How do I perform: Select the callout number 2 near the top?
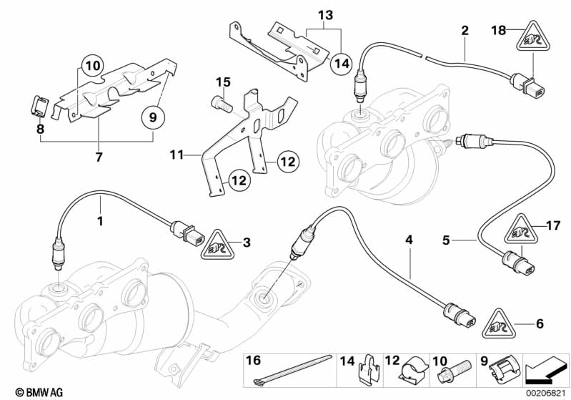tap(465, 31)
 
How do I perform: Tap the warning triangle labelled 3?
tap(212, 244)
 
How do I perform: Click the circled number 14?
tap(342, 64)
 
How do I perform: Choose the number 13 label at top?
tap(325, 15)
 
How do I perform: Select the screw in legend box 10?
tap(455, 374)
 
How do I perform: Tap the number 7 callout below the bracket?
tap(100, 156)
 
